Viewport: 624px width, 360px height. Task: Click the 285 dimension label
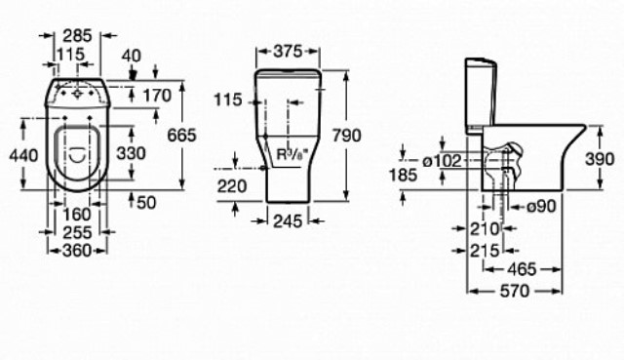coord(78,36)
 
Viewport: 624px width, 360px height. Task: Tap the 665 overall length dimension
coord(181,136)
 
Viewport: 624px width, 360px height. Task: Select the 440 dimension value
coord(23,155)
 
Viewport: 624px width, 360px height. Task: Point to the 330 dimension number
coord(131,153)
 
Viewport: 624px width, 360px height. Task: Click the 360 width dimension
coord(77,251)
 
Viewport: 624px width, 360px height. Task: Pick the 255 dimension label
coord(77,232)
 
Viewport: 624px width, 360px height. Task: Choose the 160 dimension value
coord(77,215)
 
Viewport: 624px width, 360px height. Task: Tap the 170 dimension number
coord(157,96)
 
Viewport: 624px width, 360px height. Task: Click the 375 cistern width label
coord(288,52)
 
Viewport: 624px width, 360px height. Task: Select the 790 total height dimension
coord(347,136)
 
